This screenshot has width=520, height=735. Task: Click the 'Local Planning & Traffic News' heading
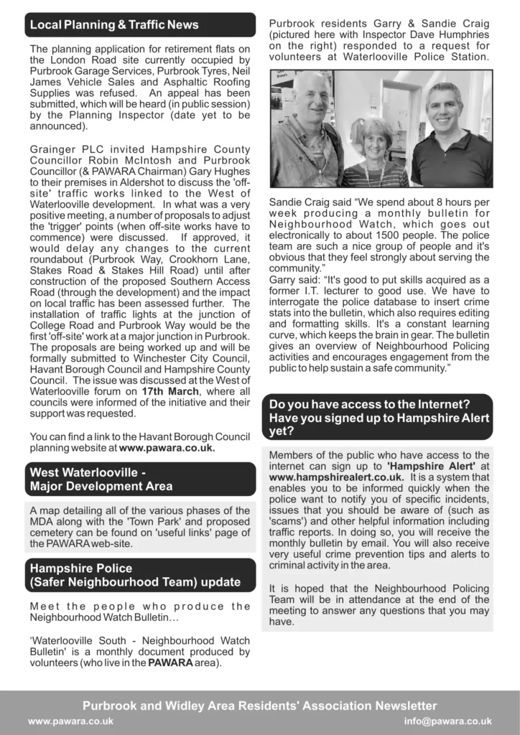114,25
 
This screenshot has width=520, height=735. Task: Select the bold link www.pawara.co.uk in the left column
167,448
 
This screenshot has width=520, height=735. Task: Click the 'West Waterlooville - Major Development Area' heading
101,479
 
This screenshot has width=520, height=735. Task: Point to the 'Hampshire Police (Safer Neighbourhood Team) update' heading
135,574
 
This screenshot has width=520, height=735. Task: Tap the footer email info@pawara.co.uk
447,721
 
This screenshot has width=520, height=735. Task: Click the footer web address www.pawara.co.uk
70,721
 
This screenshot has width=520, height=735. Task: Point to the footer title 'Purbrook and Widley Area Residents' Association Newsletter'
259,706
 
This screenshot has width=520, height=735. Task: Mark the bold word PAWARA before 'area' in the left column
170,663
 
